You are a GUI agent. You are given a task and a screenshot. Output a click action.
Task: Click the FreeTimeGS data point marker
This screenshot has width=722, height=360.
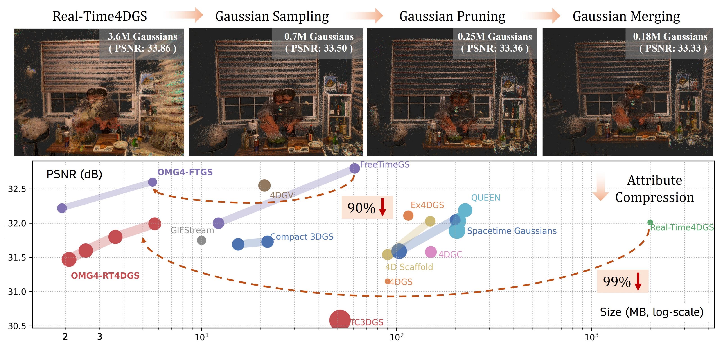(354, 168)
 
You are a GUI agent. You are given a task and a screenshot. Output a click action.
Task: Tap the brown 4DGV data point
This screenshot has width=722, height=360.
(264, 185)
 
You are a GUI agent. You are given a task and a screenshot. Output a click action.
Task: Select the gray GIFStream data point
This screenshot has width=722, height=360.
(201, 240)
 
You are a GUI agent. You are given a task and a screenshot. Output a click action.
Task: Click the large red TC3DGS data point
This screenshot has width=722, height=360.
(340, 320)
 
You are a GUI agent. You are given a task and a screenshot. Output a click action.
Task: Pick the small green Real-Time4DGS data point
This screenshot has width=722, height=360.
(650, 223)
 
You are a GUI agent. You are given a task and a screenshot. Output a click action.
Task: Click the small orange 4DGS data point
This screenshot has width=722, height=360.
(388, 281)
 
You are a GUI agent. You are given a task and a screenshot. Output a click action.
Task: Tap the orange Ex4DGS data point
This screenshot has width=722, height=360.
(408, 216)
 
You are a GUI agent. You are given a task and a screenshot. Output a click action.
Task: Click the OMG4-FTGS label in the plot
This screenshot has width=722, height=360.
(185, 172)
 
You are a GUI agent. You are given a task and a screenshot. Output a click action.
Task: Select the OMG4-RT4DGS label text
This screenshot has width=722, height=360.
(105, 276)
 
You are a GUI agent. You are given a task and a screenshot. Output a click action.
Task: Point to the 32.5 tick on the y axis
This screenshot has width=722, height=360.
(17, 189)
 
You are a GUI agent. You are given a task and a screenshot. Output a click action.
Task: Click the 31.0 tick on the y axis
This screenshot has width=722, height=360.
(17, 292)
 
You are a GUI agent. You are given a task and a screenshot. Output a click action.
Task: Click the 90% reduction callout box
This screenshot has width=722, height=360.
(367, 208)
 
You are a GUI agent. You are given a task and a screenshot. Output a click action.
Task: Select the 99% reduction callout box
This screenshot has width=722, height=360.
(623, 281)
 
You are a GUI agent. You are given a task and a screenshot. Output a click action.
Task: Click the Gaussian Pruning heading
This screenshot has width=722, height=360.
(452, 16)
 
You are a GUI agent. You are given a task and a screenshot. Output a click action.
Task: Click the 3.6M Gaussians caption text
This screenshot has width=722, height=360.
(142, 36)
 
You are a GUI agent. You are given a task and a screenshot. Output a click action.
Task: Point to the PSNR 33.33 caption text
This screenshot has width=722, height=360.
(673, 48)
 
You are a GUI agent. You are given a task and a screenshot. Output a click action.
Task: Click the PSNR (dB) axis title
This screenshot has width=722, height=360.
(74, 174)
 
